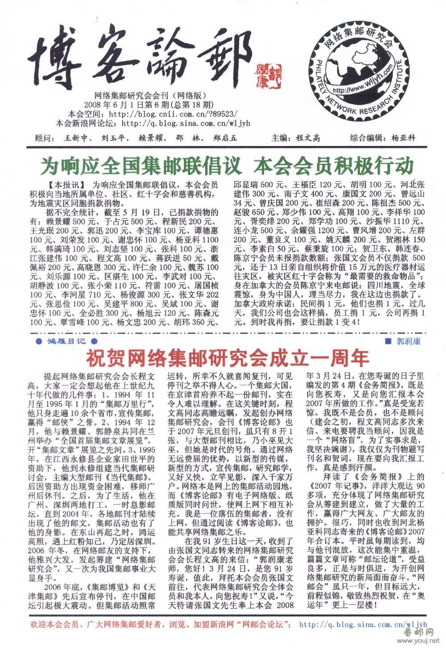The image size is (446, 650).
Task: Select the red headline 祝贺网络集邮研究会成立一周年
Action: tap(227, 357)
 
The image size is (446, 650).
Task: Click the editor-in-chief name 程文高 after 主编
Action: tap(308, 138)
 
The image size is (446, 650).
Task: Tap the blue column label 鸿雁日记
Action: tap(66, 342)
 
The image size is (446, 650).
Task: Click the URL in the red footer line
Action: tap(363, 625)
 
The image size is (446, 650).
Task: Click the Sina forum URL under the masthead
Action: tap(185, 123)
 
